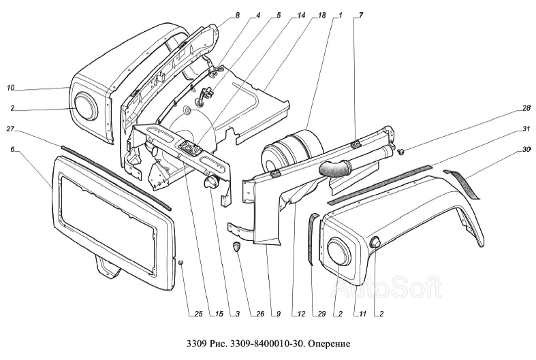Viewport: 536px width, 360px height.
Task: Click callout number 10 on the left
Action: (x=10, y=88)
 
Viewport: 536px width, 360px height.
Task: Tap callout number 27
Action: (x=10, y=129)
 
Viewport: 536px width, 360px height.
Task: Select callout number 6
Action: (x=13, y=149)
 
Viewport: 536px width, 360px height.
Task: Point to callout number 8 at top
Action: (x=237, y=16)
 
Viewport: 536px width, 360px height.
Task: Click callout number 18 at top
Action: (x=321, y=16)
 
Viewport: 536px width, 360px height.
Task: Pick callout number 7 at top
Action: (x=361, y=16)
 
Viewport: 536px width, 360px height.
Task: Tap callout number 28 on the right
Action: (x=526, y=108)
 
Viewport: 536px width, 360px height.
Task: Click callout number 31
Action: (x=526, y=129)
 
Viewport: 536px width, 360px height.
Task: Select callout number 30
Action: (x=526, y=149)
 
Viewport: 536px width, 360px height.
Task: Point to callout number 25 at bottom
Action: (x=199, y=314)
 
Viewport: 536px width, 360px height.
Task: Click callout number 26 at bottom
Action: (x=260, y=314)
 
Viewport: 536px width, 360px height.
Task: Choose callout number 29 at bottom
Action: (x=321, y=314)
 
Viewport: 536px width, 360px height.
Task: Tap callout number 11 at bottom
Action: (x=363, y=314)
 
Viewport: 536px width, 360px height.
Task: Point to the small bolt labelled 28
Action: (x=402, y=150)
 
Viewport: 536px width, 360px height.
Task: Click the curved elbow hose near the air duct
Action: (x=335, y=168)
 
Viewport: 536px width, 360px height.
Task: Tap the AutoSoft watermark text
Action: (x=385, y=287)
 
